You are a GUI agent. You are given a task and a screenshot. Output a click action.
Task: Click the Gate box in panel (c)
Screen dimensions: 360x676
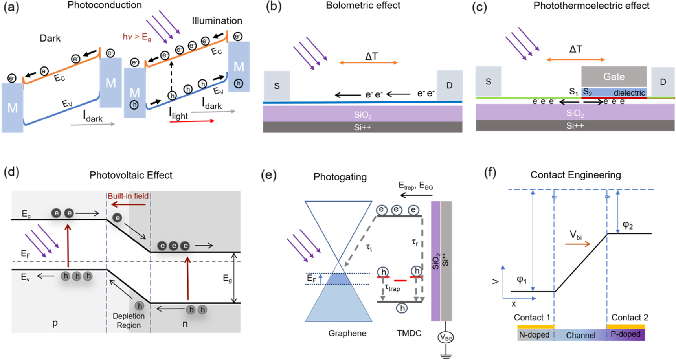614,77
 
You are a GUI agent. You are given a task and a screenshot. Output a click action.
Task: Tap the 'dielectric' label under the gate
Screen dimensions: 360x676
629,93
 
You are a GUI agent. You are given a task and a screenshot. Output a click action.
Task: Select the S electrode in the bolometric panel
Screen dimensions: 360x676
277,86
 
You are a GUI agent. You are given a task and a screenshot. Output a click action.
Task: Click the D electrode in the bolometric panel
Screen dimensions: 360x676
449,85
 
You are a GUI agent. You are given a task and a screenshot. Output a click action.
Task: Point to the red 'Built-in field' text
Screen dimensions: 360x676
128,196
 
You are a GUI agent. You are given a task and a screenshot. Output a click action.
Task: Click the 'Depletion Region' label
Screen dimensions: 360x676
129,321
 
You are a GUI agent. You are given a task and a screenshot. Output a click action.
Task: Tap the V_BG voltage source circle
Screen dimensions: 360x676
446,337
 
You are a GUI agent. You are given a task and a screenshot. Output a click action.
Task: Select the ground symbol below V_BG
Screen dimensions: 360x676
446,356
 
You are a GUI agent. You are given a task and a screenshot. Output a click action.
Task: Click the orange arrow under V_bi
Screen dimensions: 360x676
577,244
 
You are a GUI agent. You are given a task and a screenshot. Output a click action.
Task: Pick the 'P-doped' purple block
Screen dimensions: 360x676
626,334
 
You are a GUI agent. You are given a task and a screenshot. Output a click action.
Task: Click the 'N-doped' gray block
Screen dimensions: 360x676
535,335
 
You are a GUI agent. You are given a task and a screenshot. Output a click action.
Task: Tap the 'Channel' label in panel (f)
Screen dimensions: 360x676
580,335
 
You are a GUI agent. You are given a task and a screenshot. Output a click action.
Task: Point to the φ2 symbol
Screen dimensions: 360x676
628,225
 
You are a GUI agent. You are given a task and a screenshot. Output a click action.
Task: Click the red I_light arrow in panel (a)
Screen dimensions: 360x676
192,121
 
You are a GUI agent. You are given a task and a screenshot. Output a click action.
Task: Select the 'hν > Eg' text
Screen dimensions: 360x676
136,37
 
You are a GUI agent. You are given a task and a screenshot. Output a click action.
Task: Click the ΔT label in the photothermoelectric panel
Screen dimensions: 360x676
575,49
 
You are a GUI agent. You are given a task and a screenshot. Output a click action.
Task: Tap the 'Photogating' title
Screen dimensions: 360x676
340,177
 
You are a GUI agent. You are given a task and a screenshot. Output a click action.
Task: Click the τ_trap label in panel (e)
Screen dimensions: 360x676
392,288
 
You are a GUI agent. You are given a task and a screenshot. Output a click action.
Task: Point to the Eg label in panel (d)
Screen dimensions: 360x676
227,279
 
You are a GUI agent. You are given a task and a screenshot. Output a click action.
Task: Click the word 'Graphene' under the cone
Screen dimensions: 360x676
347,333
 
